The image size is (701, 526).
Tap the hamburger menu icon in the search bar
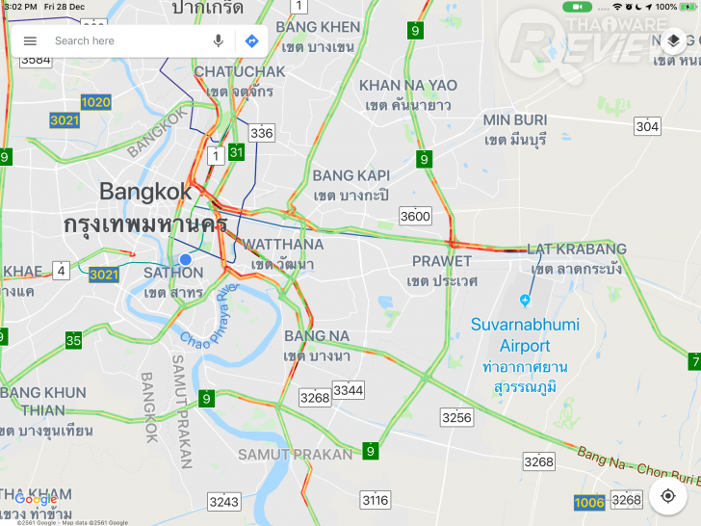click(30, 40)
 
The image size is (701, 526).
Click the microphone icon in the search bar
click(219, 40)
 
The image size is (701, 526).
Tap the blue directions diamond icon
click(251, 40)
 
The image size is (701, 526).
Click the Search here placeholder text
click(85, 40)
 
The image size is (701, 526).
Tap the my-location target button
click(667, 495)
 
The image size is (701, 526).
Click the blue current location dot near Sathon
click(186, 260)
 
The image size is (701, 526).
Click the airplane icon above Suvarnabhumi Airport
click(525, 299)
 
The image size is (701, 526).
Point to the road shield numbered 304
click(647, 126)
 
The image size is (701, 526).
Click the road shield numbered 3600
click(416, 216)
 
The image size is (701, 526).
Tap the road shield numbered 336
click(261, 133)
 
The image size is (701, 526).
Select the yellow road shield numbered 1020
click(95, 102)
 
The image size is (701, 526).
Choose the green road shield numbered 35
click(73, 339)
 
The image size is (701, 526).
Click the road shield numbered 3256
click(456, 416)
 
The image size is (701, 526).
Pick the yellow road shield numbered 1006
click(589, 502)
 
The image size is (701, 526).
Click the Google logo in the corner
click(36, 499)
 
